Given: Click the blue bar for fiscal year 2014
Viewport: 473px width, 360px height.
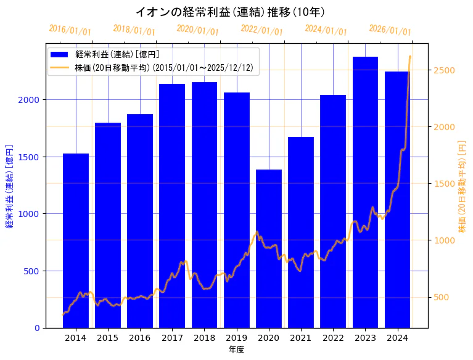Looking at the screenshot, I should [76, 240].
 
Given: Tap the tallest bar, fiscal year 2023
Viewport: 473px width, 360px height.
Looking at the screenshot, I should [365, 192].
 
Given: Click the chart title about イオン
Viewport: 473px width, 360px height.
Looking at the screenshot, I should [229, 12].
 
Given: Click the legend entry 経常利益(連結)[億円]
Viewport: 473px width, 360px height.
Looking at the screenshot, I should [117, 54].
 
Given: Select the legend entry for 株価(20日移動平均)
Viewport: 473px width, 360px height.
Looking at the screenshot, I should [163, 67].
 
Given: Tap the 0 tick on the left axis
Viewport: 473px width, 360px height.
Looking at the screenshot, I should [38, 328].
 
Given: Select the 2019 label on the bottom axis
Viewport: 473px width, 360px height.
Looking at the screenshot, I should [237, 338].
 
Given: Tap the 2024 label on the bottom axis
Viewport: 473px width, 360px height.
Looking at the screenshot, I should [398, 338].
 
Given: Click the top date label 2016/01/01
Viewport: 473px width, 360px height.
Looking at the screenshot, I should [70, 30].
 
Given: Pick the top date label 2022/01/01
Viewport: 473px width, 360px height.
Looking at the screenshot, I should [261, 30].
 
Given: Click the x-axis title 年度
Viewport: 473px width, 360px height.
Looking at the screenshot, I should [236, 350].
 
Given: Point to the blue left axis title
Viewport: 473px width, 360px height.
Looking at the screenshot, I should [9, 186].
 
